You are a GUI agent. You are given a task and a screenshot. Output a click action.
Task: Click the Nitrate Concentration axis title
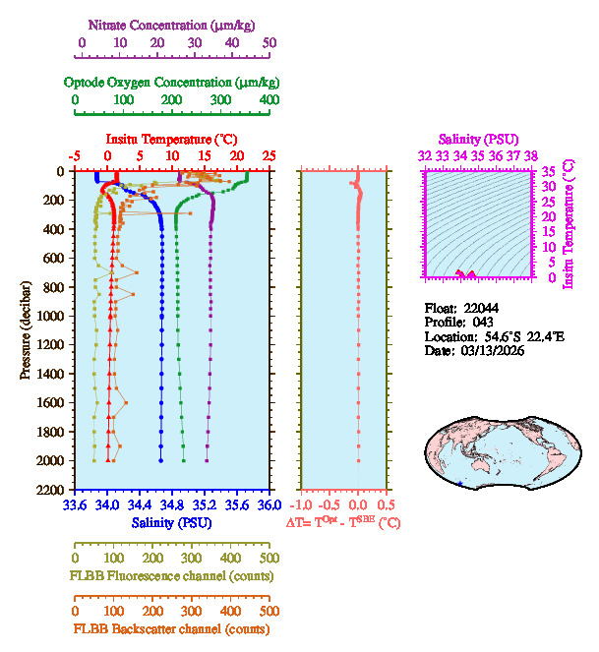(x=174, y=23)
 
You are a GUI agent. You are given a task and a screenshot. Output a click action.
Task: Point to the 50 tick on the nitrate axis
(x=270, y=42)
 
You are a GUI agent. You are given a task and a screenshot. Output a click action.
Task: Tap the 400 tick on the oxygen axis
(x=270, y=100)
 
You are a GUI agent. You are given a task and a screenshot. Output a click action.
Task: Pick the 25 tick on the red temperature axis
(x=269, y=155)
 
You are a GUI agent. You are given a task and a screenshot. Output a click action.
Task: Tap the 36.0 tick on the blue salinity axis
(x=269, y=505)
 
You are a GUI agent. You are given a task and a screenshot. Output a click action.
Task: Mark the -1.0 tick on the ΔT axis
(x=301, y=505)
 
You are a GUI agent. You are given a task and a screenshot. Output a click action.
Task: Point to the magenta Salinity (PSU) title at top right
(x=478, y=140)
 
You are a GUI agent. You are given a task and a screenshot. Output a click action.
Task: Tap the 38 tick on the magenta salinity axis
(x=531, y=155)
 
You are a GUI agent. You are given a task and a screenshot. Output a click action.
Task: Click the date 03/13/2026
(x=491, y=350)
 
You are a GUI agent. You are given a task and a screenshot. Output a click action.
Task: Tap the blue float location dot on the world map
(x=461, y=484)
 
